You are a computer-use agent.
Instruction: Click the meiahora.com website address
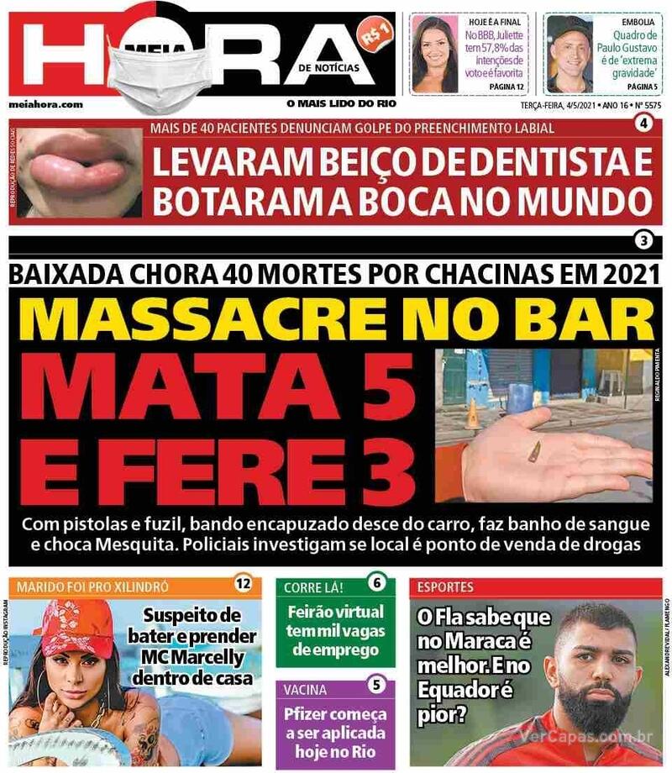tap(46, 104)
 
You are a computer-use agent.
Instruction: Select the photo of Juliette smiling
tap(435, 55)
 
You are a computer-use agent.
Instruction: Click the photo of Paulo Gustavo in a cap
tap(570, 55)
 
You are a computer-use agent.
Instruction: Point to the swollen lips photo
tap(76, 172)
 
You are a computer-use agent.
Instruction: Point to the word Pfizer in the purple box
tap(312, 716)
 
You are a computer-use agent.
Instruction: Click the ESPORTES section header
tap(440, 586)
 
